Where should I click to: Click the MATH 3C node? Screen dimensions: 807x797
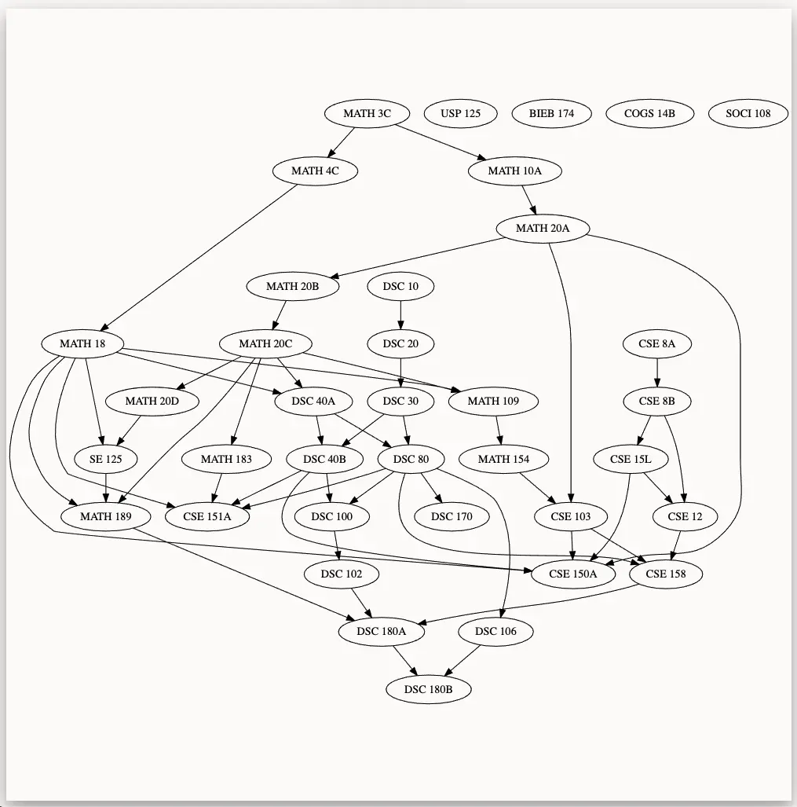point(367,113)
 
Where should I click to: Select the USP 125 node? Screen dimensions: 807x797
point(461,113)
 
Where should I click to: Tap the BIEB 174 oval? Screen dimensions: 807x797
point(551,113)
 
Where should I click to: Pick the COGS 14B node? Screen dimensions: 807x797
point(649,113)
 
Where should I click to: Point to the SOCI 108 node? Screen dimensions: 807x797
point(748,113)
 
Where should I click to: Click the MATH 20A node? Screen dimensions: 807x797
point(543,229)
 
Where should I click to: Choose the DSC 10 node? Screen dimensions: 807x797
point(400,286)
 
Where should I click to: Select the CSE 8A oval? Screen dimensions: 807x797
point(657,343)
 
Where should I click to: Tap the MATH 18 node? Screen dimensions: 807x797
point(82,343)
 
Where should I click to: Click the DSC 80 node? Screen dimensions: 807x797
point(411,459)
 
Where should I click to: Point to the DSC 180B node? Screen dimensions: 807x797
point(430,690)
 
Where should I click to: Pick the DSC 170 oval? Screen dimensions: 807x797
point(453,516)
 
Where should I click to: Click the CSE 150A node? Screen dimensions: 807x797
point(572,574)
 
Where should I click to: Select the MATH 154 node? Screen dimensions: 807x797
point(503,459)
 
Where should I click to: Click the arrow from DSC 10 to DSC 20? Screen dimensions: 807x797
point(400,314)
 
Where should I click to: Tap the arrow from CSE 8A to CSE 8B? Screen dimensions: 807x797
point(657,372)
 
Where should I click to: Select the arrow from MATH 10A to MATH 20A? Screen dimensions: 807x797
point(529,200)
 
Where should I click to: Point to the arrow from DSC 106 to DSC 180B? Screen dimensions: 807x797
point(462,661)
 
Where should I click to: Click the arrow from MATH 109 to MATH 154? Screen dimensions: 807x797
point(499,430)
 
